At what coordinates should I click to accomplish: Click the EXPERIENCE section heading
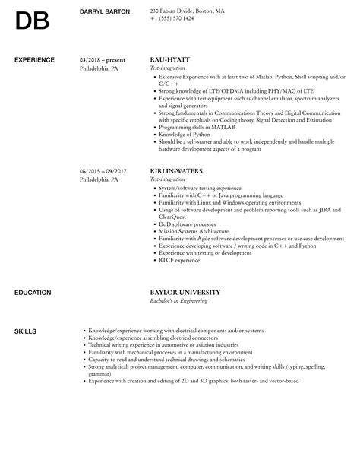point(35,59)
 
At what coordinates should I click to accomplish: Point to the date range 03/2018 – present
point(103,59)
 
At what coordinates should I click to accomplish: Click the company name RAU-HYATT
point(170,59)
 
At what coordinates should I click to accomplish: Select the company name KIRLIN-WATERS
point(175,170)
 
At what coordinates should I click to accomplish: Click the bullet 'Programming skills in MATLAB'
point(194,127)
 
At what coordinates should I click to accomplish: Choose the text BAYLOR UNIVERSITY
point(185,292)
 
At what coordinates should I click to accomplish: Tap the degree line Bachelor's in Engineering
point(182,300)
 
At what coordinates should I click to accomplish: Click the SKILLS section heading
point(25,331)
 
